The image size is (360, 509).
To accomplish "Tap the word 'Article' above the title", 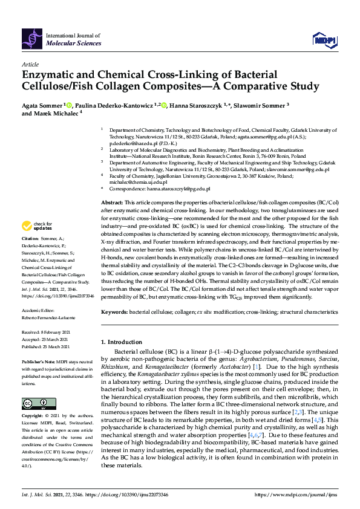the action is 30,63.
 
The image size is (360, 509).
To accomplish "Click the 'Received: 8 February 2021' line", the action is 48,332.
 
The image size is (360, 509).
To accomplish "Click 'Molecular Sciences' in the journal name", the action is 71,44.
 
